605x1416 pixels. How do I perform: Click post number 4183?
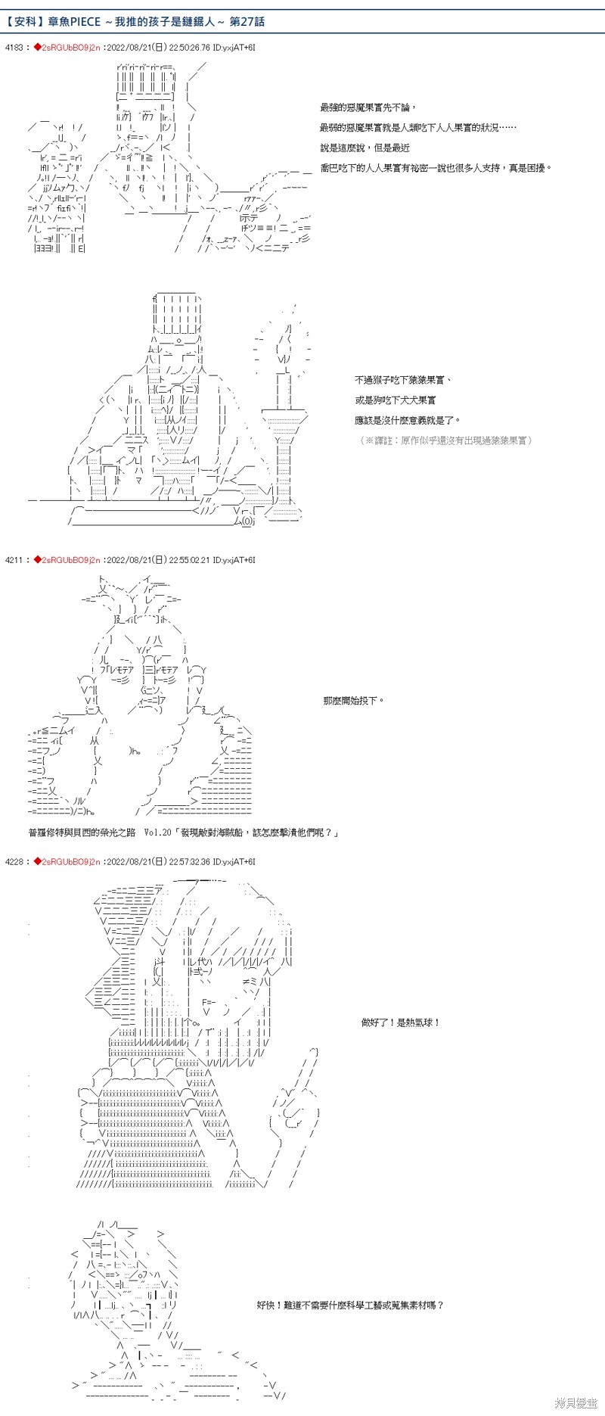click(x=14, y=48)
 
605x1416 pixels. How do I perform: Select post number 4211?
click(x=14, y=560)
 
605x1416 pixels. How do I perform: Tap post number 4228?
click(x=14, y=861)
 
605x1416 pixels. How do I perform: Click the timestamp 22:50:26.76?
click(x=190, y=48)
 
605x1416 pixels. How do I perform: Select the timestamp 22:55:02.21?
click(x=190, y=560)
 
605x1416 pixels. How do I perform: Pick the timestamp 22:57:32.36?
click(x=190, y=861)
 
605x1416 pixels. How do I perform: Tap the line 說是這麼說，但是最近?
click(x=365, y=148)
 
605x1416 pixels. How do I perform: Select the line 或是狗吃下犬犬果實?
click(x=395, y=400)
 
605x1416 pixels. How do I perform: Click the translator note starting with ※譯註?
click(x=445, y=440)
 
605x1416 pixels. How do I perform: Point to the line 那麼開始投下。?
click(x=353, y=701)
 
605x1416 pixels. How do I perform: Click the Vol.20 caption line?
click(x=183, y=832)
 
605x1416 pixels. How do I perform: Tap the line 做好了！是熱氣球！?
click(x=400, y=1022)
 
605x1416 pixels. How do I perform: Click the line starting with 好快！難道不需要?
click(x=350, y=1305)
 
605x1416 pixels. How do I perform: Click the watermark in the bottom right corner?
click(x=576, y=1402)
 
